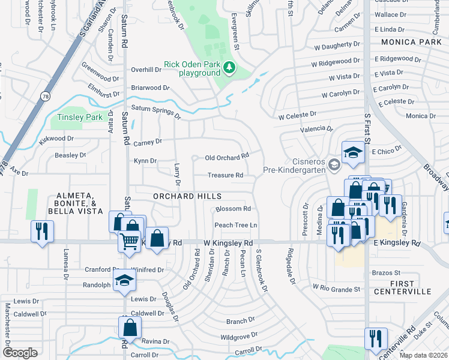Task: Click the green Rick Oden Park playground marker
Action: coord(229,68)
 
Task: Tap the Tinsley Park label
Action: coord(80,118)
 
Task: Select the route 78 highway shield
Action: coord(46,95)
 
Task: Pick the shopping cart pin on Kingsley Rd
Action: coord(130,241)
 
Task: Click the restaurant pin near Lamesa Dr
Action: coord(42,232)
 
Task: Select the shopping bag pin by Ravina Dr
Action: coord(130,328)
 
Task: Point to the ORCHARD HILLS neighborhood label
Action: coord(187,196)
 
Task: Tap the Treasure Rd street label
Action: coord(225,175)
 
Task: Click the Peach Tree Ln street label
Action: coord(236,225)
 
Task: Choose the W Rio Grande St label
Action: coord(336,288)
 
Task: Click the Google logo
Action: coord(20,353)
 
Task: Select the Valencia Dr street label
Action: coord(318,128)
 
